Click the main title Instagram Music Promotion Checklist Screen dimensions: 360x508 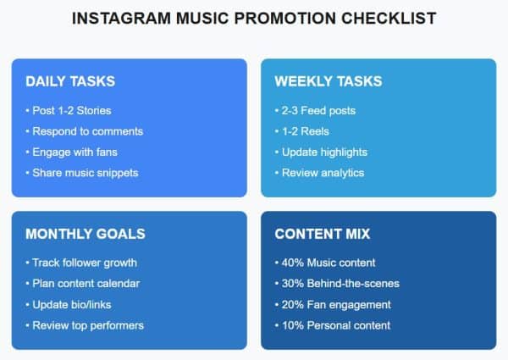pyautogui.click(x=254, y=18)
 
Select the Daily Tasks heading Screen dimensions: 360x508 pyautogui.click(x=70, y=81)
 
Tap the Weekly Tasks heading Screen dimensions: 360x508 pyautogui.click(x=328, y=81)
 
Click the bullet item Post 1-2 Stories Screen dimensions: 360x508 pyautogui.click(x=71, y=111)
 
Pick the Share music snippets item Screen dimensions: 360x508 pyautogui.click(x=85, y=173)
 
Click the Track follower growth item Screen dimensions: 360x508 pyautogui.click(x=85, y=263)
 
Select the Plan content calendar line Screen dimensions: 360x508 pyautogui.click(x=86, y=284)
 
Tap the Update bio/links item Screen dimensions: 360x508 pyautogui.click(x=74, y=304)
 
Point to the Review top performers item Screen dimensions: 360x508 pyautogui.click(x=88, y=325)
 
